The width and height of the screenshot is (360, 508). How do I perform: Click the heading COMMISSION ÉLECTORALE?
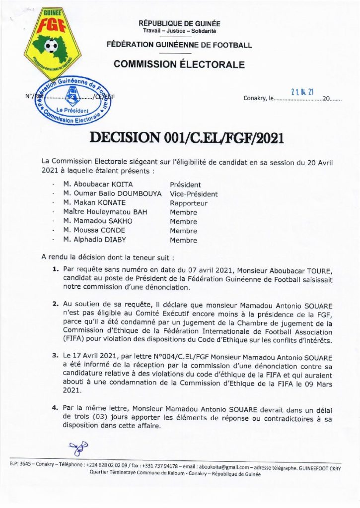[x=179, y=64]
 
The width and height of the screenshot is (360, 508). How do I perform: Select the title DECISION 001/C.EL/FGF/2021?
[x=186, y=137]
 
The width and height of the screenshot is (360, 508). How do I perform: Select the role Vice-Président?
[x=194, y=194]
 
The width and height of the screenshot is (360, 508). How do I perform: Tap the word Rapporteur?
[x=188, y=203]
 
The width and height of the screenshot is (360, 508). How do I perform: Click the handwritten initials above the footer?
[x=78, y=446]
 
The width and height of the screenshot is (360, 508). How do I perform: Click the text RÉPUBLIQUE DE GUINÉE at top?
[x=180, y=23]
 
